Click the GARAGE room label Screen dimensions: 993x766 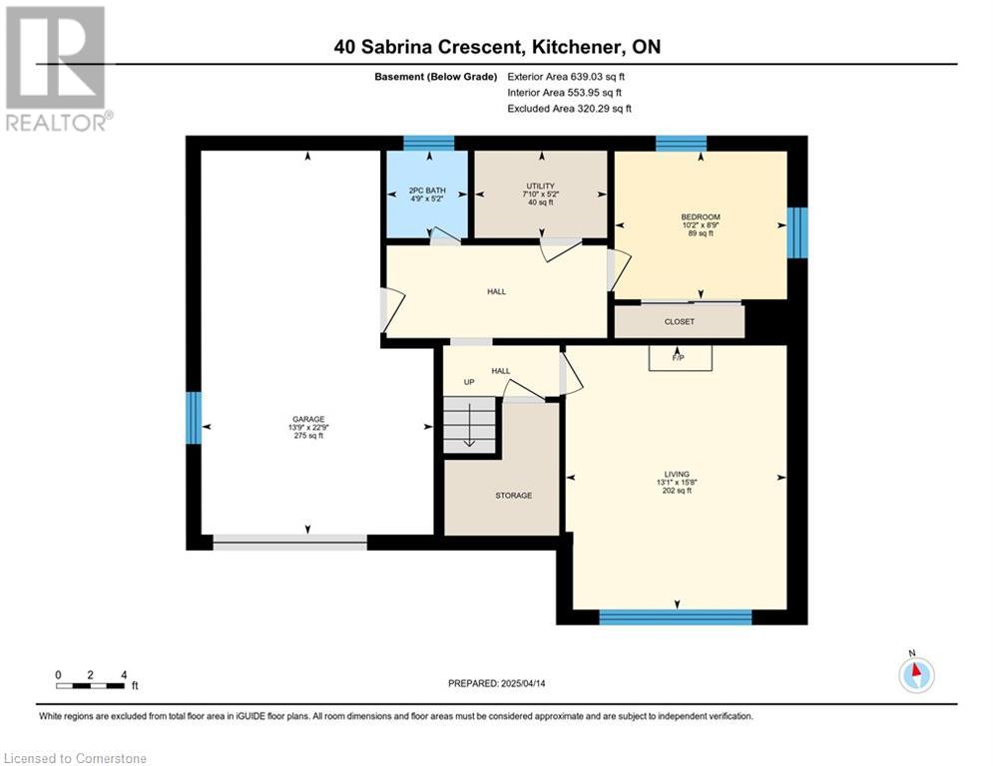(x=308, y=419)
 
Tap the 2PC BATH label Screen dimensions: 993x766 (x=427, y=190)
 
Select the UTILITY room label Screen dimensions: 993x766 (x=540, y=187)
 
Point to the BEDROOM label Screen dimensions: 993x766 (x=701, y=217)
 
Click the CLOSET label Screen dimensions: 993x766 (x=680, y=321)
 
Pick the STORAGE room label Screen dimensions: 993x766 (x=514, y=496)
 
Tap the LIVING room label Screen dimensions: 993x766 (x=677, y=474)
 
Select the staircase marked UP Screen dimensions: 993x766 (x=469, y=424)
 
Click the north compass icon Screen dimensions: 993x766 (x=916, y=674)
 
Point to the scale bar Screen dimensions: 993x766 (x=90, y=685)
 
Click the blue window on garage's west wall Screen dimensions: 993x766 (x=194, y=418)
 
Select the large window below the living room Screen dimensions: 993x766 (x=675, y=617)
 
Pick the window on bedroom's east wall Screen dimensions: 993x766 (x=797, y=232)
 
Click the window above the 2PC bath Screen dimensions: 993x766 (x=429, y=143)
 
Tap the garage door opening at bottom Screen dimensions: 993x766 (x=290, y=542)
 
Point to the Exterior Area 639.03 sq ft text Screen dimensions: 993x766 (x=566, y=77)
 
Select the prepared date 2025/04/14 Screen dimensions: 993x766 (x=523, y=683)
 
